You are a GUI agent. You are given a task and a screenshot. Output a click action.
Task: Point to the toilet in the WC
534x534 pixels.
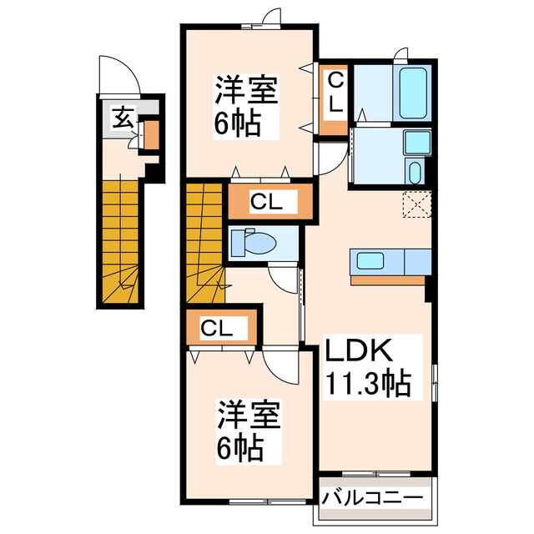point(254,243)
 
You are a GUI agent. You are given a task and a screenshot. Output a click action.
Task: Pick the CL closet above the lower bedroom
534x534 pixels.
point(215,329)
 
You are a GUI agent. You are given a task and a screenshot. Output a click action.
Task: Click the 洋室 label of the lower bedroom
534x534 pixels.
point(249,415)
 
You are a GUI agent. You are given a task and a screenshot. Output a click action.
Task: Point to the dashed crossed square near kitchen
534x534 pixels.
point(415,204)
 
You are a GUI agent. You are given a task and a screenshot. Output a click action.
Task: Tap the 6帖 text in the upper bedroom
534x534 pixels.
point(236,124)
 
